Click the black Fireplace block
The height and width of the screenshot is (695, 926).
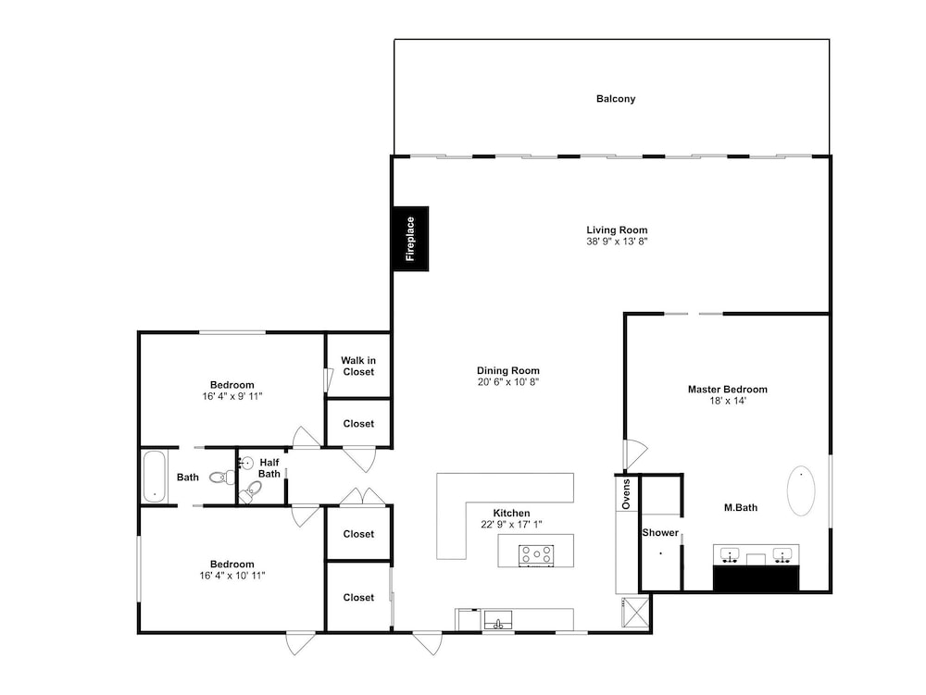(411, 239)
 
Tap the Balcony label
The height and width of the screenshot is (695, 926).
(616, 99)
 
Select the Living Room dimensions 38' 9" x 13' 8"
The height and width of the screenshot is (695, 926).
(617, 242)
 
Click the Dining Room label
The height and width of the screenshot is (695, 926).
(508, 370)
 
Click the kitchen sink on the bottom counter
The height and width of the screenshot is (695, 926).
(498, 620)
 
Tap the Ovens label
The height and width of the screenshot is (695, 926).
(627, 494)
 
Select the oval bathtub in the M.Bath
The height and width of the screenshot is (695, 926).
(801, 490)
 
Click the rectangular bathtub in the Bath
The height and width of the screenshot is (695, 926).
(155, 477)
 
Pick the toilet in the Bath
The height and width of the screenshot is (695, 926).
(222, 477)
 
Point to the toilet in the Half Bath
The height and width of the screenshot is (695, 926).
(250, 491)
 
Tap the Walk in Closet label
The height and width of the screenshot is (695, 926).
(358, 366)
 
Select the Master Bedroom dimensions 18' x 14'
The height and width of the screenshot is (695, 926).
(728, 401)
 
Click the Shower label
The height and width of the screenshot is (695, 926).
(660, 533)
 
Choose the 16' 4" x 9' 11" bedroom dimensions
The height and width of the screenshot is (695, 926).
(232, 396)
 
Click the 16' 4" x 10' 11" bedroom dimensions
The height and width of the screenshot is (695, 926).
(232, 576)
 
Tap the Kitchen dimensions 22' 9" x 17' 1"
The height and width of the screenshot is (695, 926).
(511, 525)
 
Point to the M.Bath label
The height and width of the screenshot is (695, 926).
(741, 507)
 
